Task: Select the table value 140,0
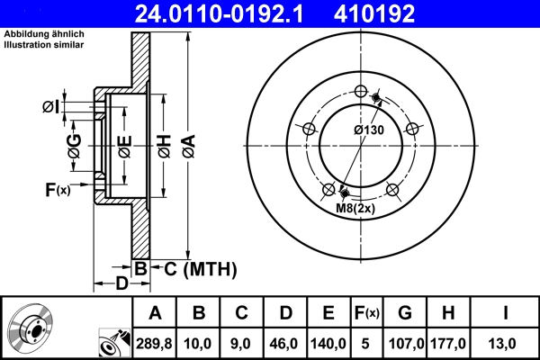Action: [x=328, y=343]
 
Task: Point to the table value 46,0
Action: [x=285, y=343]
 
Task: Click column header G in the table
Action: [x=404, y=313]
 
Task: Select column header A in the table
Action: [x=155, y=313]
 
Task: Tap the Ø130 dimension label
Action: [x=368, y=130]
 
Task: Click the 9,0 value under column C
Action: [x=241, y=343]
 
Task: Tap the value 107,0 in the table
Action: [x=404, y=343]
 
